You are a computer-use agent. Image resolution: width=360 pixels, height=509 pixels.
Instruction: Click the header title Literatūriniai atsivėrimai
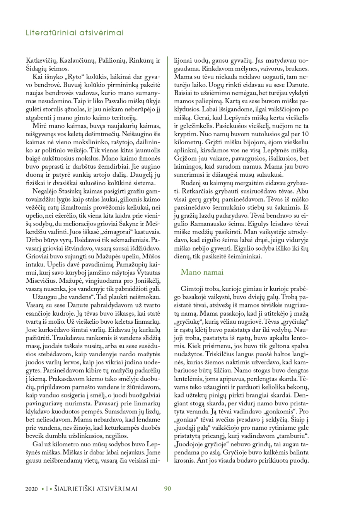coord(75,33)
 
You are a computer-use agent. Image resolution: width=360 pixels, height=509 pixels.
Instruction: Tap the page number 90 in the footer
coord(167,489)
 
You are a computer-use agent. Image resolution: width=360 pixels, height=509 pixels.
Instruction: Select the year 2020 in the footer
coord(32,489)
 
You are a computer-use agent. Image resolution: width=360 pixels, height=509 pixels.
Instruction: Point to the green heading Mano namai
coord(202,272)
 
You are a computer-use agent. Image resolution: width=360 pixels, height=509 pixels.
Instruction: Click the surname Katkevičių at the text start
coord(41,60)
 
